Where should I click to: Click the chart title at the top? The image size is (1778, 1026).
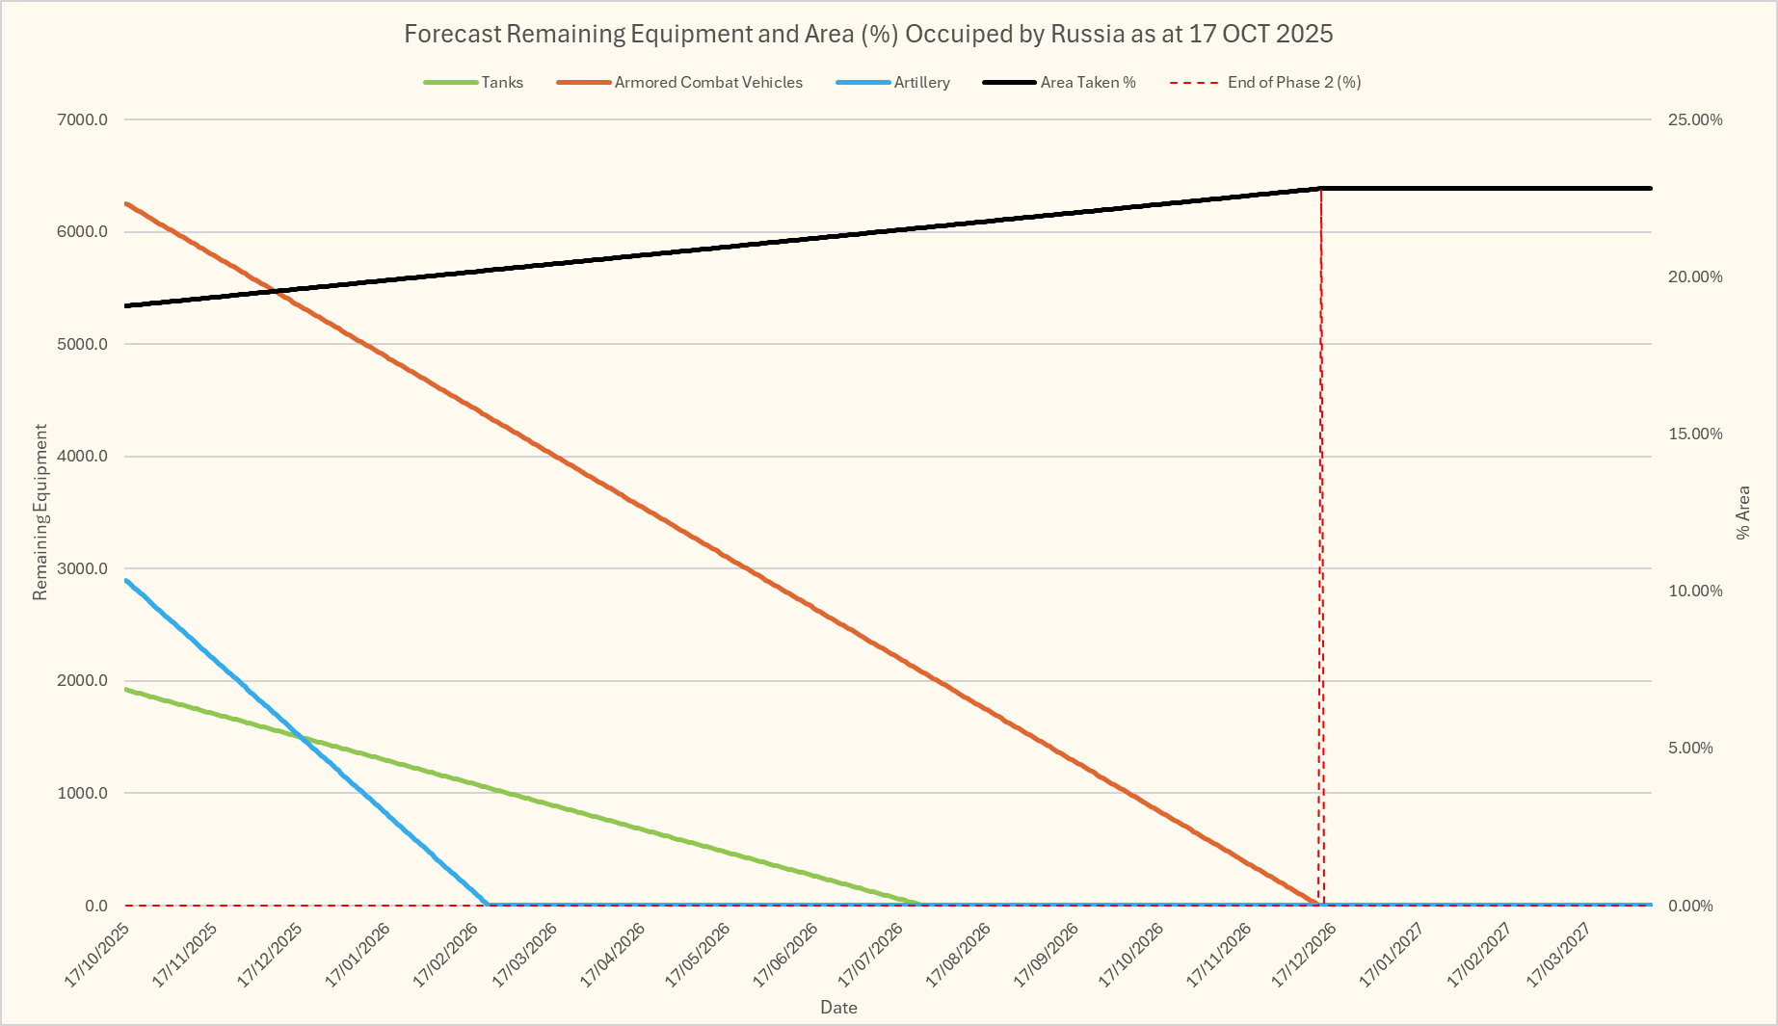[x=868, y=34]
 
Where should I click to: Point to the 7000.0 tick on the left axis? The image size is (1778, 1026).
[x=83, y=119]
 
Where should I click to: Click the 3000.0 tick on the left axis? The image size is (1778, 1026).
[x=83, y=568]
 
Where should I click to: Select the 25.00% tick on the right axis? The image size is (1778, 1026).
[x=1695, y=119]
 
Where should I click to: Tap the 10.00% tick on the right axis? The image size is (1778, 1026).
[x=1695, y=591]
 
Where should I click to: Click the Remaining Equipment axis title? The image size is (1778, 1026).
[x=40, y=513]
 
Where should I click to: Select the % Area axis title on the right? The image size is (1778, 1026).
[x=1743, y=513]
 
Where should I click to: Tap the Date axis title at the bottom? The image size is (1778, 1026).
[x=838, y=1008]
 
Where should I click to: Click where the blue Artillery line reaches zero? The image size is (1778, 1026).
[x=488, y=904]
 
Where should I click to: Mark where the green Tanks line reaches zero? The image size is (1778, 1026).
[x=920, y=904]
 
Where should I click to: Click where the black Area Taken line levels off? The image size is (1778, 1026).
[x=1320, y=188]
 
